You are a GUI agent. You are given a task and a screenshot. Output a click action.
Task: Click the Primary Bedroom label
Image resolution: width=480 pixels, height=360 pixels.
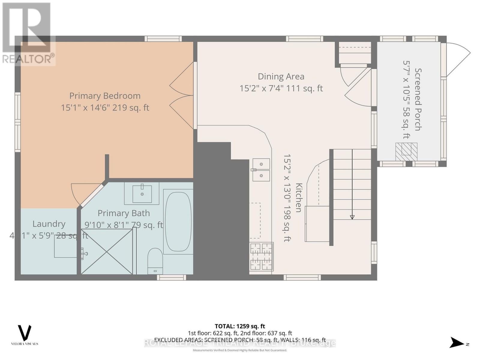105,96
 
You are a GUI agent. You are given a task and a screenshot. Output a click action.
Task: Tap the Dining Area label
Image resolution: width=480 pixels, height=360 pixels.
281,77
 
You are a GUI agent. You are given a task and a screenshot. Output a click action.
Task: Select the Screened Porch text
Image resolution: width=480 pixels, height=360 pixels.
418,99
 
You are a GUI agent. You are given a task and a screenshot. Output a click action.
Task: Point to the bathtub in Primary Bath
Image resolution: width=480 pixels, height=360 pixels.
178,221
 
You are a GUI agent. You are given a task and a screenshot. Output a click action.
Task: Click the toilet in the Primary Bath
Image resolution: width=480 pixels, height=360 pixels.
155,260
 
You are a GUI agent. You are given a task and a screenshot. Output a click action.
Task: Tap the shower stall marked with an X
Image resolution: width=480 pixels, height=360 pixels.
107,251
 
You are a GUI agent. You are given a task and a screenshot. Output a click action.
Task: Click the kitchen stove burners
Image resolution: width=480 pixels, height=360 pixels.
261,256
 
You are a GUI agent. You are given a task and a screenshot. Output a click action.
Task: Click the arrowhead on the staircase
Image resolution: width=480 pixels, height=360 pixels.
352,217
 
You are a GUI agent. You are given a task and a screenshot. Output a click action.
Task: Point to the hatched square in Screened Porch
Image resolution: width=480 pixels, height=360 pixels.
406,151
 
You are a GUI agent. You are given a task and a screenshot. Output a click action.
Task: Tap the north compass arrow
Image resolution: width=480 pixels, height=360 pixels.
457,343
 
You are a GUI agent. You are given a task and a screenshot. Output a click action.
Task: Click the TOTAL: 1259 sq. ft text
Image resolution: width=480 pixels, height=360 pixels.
240,326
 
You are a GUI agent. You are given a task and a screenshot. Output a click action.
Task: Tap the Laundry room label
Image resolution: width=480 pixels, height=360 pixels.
49,224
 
